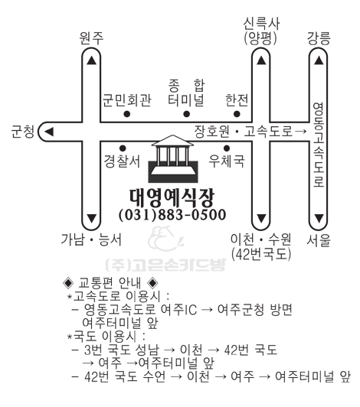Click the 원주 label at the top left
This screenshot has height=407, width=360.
pos(91,38)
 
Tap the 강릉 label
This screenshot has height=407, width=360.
pos(319,38)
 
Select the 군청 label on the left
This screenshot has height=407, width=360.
pos(23,132)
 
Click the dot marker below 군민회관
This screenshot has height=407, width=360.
pos(127,114)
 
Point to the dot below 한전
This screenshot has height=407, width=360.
pos(237,114)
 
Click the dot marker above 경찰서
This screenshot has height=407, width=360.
pos(123,148)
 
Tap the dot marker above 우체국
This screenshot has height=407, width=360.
pos(227,148)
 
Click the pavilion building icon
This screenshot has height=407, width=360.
pos(173,158)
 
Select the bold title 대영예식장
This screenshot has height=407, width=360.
pos(172,198)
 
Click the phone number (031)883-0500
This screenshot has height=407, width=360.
pos(172,215)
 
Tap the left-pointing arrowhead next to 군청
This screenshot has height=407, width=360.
pos(49,132)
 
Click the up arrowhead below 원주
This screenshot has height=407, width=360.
pos(91,60)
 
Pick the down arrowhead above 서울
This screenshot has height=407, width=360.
pos(319,218)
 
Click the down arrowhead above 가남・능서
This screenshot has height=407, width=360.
pos(91,218)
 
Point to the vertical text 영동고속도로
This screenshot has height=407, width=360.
pos(319,145)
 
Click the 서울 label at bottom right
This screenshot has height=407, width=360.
pos(319,240)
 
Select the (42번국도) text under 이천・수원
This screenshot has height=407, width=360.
pos(261,254)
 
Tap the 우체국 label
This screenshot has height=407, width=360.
pos(227,161)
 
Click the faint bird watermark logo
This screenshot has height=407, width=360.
pos(165,239)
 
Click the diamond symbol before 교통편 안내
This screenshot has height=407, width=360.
pos(68,282)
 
